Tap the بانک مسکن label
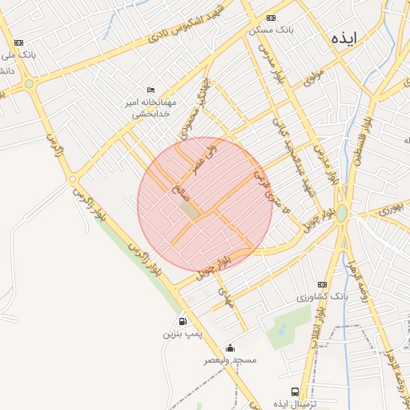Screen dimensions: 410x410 (x=271, y=30)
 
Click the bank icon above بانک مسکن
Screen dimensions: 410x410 (x=271, y=18)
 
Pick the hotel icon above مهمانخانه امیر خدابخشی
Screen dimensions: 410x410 (x=151, y=90)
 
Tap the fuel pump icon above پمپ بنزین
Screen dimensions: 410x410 (x=183, y=320)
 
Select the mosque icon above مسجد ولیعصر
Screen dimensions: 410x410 (x=231, y=348)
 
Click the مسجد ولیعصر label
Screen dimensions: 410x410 (x=231, y=360)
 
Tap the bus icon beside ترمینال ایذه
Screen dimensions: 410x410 (x=295, y=392)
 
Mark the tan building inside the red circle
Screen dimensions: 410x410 (x=189, y=209)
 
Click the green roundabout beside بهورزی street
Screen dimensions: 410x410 (x=342, y=214)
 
